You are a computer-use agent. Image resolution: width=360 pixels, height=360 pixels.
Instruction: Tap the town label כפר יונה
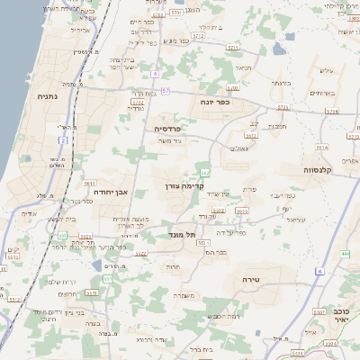click(216, 102)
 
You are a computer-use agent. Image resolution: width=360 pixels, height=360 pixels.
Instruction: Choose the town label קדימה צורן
click(185, 186)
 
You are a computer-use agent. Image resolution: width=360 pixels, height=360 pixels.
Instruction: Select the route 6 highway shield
click(319, 270)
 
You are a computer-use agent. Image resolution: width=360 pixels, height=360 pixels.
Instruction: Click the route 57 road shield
click(166, 91)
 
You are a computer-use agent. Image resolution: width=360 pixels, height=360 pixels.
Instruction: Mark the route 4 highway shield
click(155, 73)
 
